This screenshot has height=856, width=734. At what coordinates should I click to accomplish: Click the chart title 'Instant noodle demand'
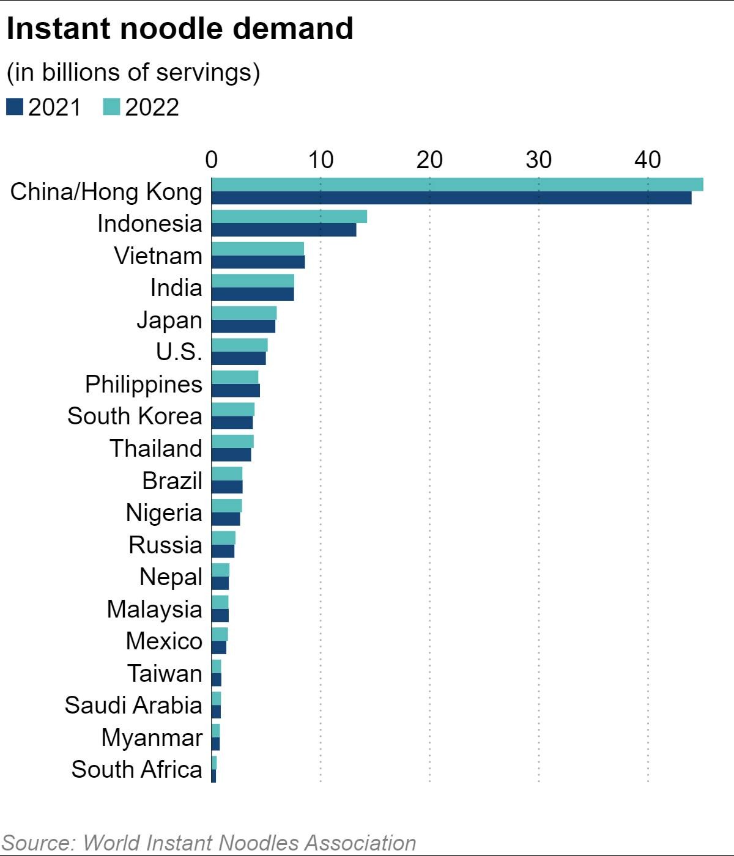pyautogui.click(x=180, y=29)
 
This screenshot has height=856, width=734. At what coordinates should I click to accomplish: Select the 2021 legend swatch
pyautogui.click(x=15, y=107)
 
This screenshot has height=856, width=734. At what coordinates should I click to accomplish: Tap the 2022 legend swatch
pyautogui.click(x=111, y=107)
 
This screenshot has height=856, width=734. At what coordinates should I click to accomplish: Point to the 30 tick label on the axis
pyautogui.click(x=538, y=160)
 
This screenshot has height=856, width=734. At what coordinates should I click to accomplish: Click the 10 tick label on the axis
pyautogui.click(x=320, y=160)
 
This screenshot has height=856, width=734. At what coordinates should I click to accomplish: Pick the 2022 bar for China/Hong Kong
pyautogui.click(x=457, y=184)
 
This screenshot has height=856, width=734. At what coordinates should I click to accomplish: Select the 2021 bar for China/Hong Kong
pyautogui.click(x=451, y=197)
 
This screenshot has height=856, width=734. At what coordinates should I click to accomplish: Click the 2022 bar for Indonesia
pyautogui.click(x=289, y=216)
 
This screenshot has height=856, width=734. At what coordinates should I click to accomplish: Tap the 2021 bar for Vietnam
pyautogui.click(x=258, y=262)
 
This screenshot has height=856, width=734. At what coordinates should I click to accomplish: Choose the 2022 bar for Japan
pyautogui.click(x=244, y=313)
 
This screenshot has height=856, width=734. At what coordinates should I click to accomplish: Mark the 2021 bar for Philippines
pyautogui.click(x=235, y=390)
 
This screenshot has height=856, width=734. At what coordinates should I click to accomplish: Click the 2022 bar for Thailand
pyautogui.click(x=232, y=441)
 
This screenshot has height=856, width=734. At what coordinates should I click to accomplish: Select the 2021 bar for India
pyautogui.click(x=253, y=294)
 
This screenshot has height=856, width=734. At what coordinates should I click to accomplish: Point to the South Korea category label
pyautogui.click(x=135, y=416)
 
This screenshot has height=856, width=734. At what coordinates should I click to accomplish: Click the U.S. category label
pyautogui.click(x=179, y=352)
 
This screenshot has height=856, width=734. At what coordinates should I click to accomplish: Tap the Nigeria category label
pyautogui.click(x=163, y=512)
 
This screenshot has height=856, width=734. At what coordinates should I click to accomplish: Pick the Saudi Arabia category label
pyautogui.click(x=133, y=705)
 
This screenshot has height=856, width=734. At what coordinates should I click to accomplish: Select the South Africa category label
pyautogui.click(x=136, y=769)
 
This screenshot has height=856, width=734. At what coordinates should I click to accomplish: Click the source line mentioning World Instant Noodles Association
pyautogui.click(x=209, y=843)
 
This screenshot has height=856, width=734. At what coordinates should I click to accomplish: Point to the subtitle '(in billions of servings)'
pyautogui.click(x=133, y=72)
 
